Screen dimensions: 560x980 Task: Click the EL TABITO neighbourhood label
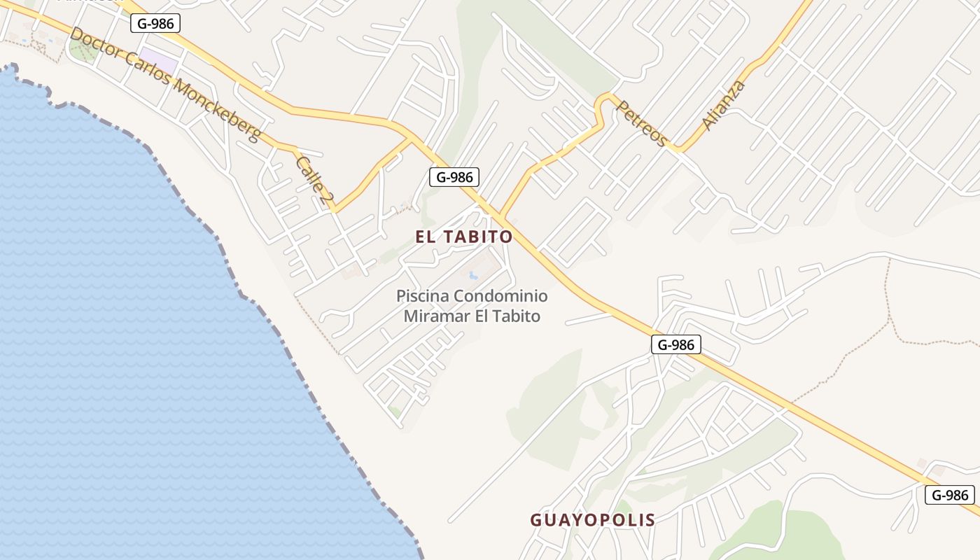(464, 237)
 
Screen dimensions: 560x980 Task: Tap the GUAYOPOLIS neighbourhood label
(592, 520)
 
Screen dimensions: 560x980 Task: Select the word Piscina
(423, 296)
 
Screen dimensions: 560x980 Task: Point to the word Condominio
(501, 296)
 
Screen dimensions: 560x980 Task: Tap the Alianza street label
(723, 106)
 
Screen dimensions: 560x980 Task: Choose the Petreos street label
(641, 123)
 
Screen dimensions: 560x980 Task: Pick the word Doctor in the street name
(92, 45)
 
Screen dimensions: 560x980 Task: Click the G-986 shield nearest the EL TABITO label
(454, 177)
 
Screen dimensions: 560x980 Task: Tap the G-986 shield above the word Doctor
(155, 23)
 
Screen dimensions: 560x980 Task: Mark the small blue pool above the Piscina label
(473, 275)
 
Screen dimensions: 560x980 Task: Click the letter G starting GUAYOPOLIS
(536, 520)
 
